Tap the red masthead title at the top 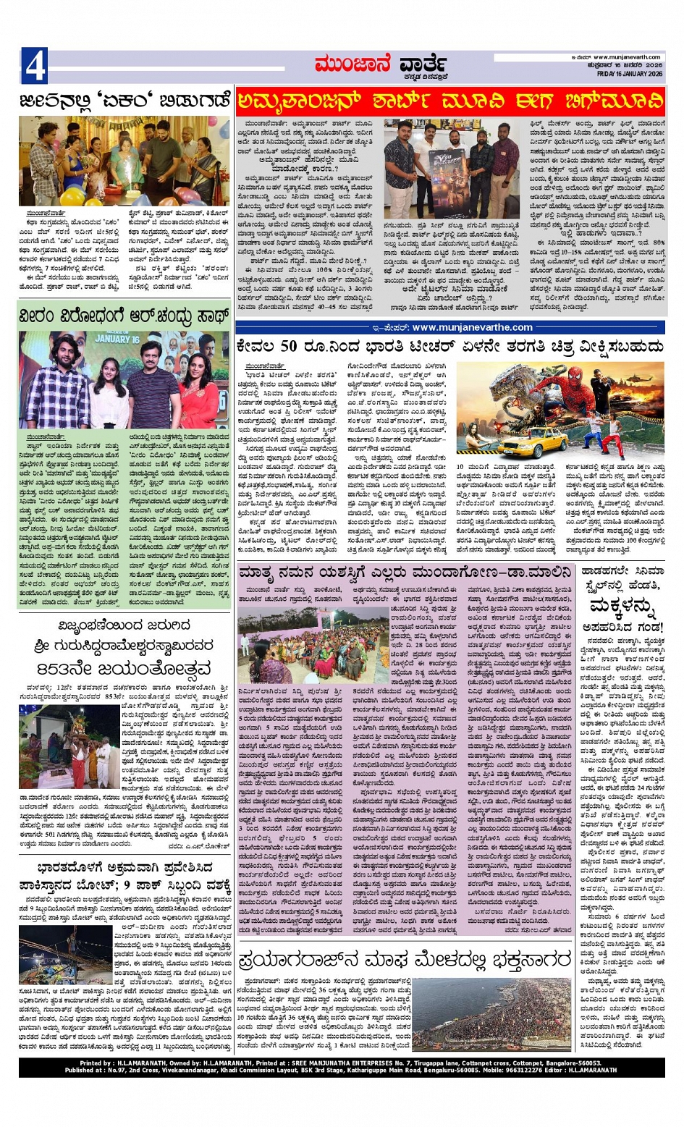[x=379, y=66]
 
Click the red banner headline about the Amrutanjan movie [x=450, y=101]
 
